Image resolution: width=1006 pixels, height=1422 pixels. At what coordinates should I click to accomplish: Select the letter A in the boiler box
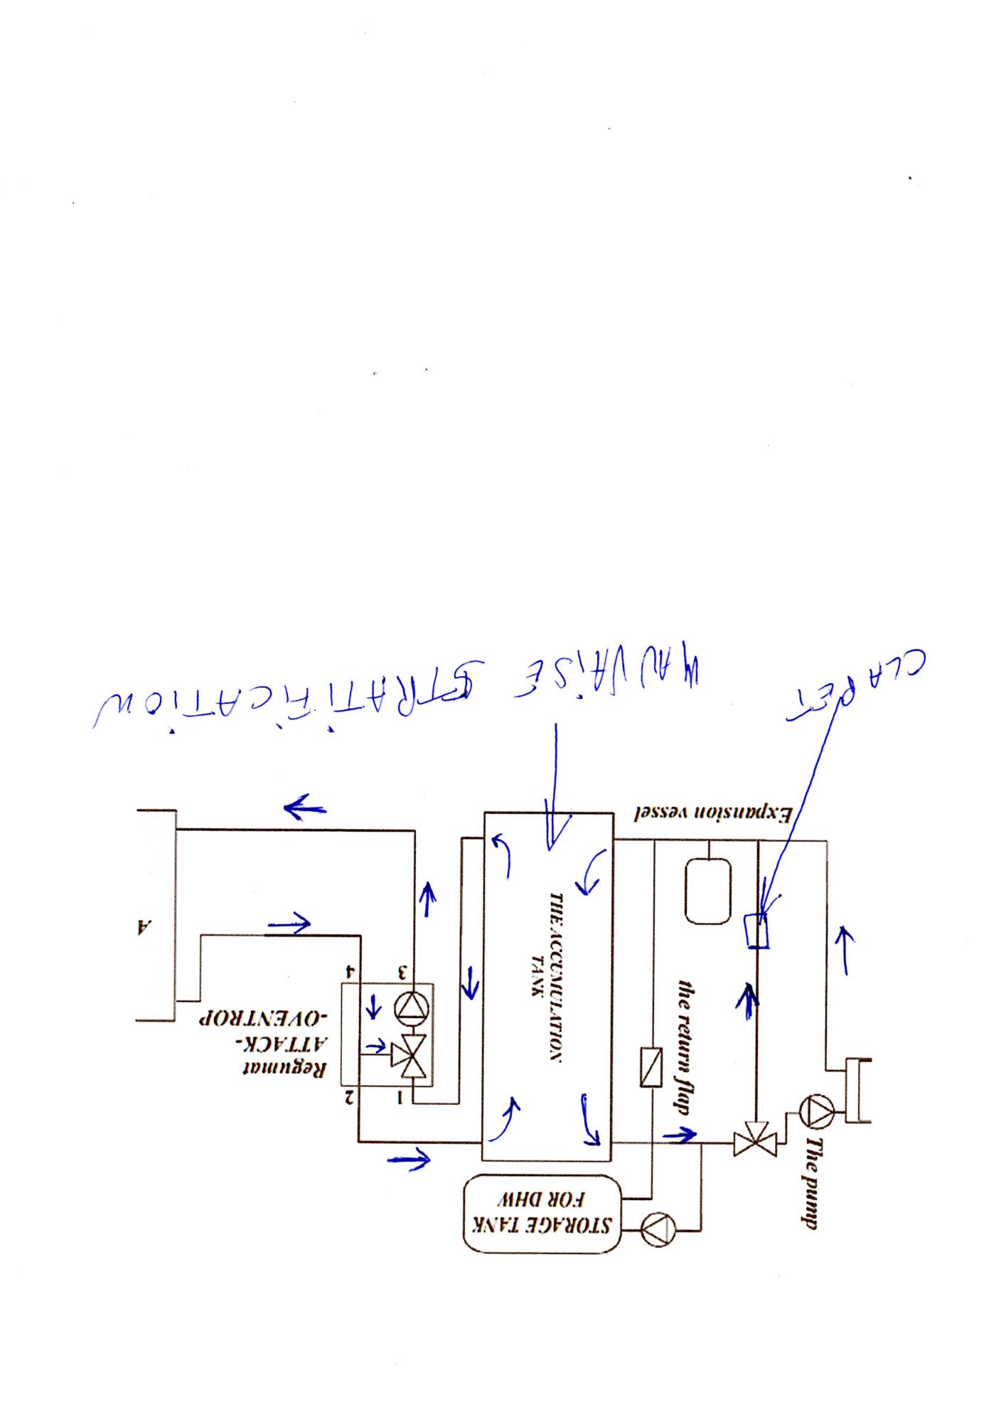[144, 926]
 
